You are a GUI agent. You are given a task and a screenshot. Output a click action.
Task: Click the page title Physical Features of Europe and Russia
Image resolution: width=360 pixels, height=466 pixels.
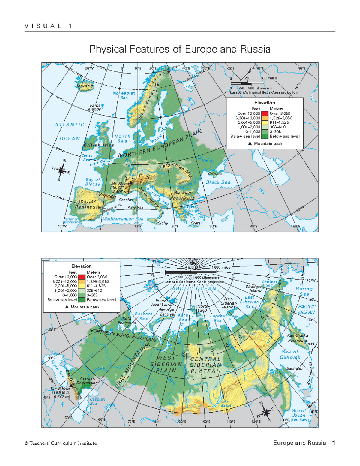point(180,49)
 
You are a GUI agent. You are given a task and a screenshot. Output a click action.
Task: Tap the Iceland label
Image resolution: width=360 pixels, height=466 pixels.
point(85,86)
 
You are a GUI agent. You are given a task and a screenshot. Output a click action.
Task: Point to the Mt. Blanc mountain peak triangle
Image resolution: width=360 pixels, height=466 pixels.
point(130,182)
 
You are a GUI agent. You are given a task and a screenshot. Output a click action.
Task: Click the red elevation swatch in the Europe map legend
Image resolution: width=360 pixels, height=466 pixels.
point(265,113)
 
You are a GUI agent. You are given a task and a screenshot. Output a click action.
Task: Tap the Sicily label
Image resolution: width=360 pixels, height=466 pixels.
point(163,223)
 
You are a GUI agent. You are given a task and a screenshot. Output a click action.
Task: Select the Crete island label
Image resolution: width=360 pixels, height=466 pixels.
point(196,223)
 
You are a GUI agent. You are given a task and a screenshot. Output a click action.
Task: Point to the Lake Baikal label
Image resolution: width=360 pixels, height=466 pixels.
point(226,404)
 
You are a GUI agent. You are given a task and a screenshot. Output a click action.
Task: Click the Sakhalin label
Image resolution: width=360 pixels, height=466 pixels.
point(294,368)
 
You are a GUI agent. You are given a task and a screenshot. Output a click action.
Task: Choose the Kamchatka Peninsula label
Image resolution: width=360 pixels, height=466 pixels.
point(298,338)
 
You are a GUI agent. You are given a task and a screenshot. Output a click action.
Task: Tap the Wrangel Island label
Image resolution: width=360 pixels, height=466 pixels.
point(254,289)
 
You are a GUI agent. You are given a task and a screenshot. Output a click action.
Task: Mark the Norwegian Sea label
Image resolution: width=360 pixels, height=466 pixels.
point(124,95)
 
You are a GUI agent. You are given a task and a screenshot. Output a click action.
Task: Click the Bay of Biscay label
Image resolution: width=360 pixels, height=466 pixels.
point(93,182)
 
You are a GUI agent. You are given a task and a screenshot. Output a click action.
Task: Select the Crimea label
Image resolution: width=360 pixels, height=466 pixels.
point(215,174)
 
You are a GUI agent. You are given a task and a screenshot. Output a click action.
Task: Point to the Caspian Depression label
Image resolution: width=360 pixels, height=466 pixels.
point(87,381)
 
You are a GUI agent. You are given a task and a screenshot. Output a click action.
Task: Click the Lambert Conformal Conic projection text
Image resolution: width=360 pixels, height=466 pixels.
point(194,282)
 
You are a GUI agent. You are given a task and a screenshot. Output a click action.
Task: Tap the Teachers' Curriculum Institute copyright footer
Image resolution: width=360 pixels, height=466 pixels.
point(61,443)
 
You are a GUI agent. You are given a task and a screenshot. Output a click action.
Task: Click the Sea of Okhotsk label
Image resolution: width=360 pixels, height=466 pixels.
point(290,354)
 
